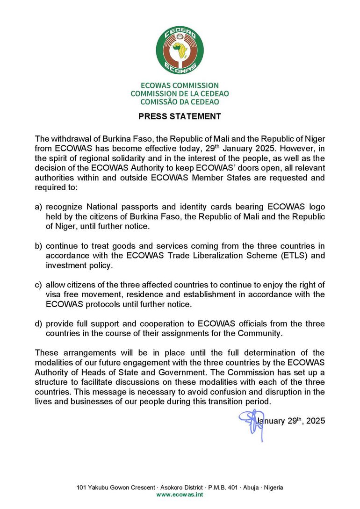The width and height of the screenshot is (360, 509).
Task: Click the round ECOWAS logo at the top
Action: (x=180, y=50)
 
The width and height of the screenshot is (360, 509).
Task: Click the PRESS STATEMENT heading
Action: (x=180, y=116)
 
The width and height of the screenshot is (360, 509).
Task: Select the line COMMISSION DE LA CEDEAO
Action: (x=180, y=93)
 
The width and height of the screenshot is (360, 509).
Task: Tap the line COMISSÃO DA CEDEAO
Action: (x=180, y=101)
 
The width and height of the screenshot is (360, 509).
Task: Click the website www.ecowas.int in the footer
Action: (x=180, y=495)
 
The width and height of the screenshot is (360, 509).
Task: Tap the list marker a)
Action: (x=39, y=207)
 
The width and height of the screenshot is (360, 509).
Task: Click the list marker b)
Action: (x=39, y=246)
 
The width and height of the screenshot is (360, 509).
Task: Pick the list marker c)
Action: (x=39, y=285)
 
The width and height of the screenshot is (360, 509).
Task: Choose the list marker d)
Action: (x=39, y=324)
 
